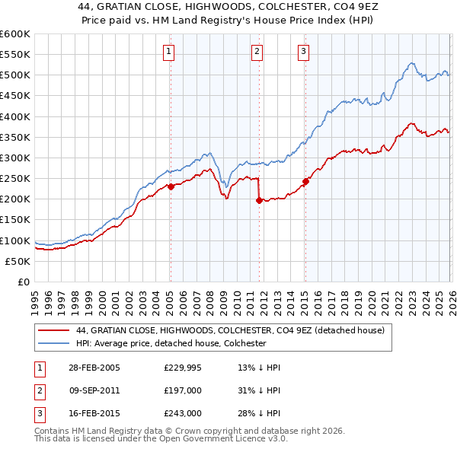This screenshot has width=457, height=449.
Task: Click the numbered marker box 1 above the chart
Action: click(168, 52)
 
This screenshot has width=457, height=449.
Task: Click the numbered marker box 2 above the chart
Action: click(257, 52)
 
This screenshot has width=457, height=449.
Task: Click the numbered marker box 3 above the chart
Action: click(303, 52)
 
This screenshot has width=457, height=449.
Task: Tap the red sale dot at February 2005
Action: click(171, 186)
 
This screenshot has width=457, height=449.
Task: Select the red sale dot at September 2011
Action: click(259, 200)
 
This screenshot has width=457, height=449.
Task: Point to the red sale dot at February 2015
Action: click(305, 181)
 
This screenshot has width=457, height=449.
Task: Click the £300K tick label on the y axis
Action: click(14, 158)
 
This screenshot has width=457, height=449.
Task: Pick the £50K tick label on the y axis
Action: click(18, 261)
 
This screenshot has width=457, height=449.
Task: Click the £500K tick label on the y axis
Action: click(14, 75)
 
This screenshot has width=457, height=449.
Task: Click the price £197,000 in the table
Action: click(183, 390)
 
